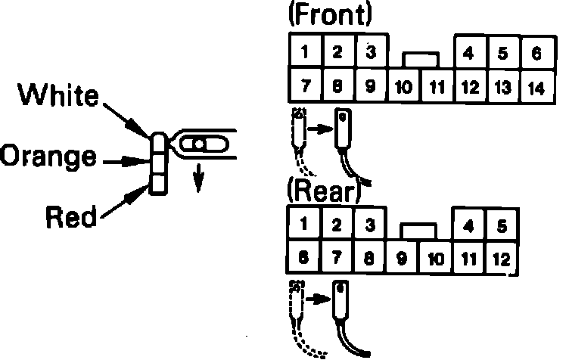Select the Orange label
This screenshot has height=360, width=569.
pos(48,157)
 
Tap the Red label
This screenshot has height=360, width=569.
pos(71,218)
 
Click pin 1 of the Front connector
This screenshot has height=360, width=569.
pos(303,52)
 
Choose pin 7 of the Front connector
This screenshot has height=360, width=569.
pos(303,85)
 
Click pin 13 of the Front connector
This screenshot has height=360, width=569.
pos(502,87)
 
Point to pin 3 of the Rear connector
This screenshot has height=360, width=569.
pos(369,225)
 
